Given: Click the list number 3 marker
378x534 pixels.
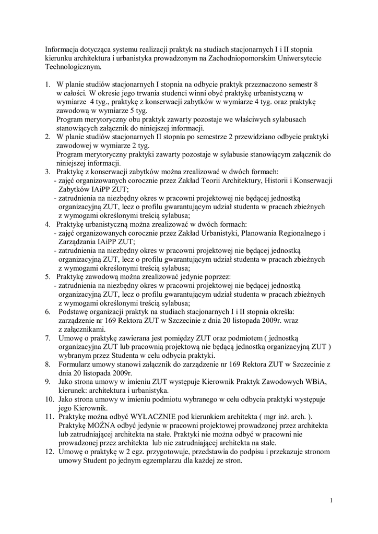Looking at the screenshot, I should coord(47,171).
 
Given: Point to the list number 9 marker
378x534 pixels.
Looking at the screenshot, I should coord(47,381).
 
